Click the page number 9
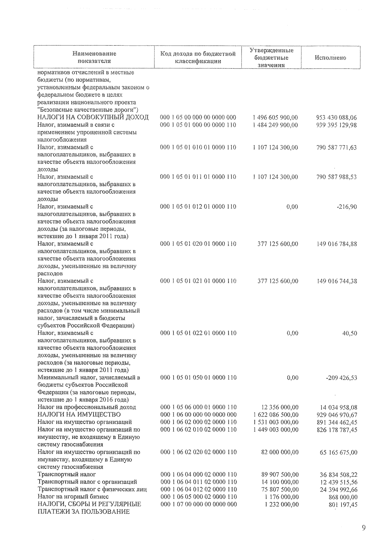(364, 527)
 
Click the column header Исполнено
(330, 58)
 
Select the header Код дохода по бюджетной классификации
(198, 58)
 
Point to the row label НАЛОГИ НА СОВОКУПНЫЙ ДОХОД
(93, 117)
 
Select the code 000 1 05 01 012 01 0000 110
(198, 207)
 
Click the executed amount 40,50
(350, 333)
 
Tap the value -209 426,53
(342, 378)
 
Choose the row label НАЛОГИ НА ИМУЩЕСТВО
(79, 414)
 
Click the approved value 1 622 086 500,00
(276, 415)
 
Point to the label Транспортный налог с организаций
(87, 482)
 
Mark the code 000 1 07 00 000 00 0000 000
(198, 504)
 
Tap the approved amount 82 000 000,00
(280, 452)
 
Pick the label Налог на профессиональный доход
(87, 407)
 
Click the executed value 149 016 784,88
(337, 244)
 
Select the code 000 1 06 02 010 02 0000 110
(198, 430)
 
